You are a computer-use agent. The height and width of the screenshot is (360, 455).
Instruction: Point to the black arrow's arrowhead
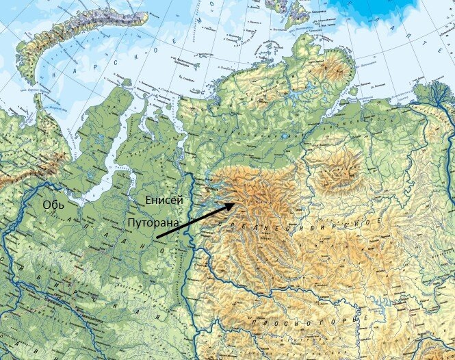[236, 203]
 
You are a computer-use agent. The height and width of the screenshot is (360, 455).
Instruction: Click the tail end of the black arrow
[157, 237]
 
